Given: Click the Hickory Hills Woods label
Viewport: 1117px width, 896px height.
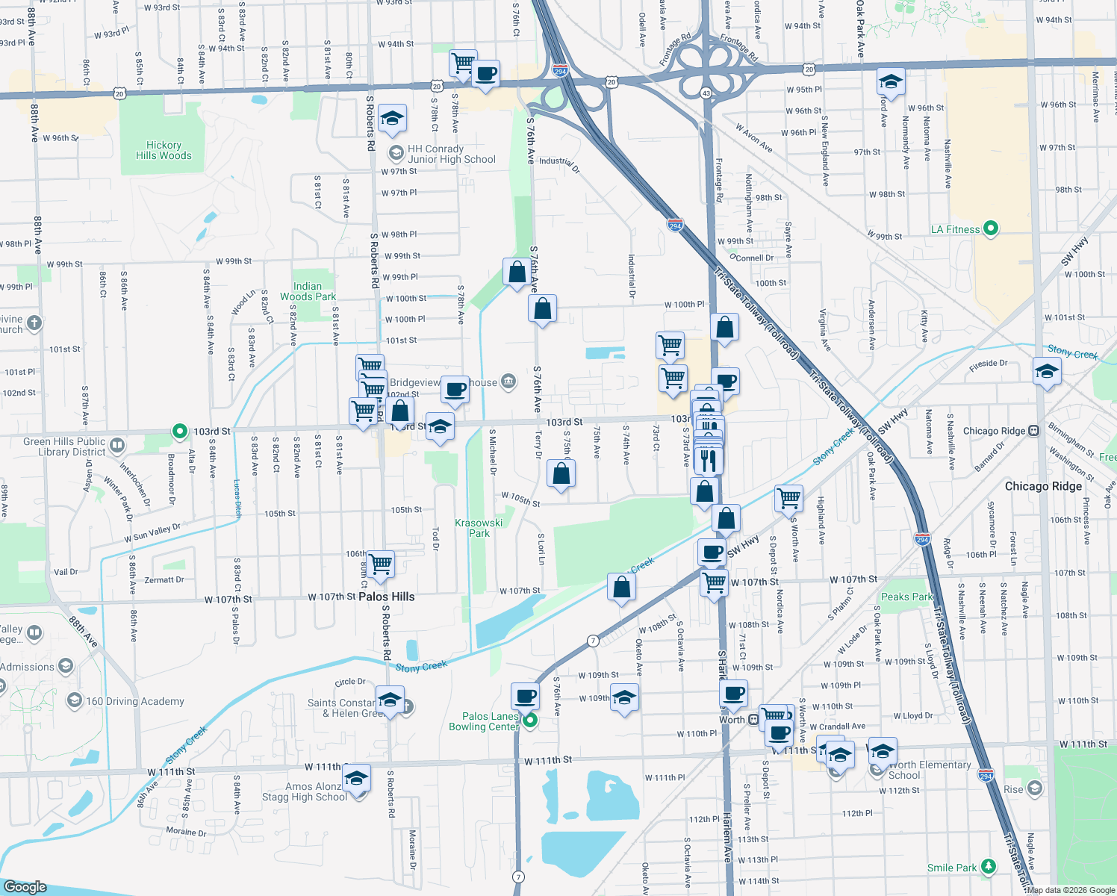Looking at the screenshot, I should pos(164,150).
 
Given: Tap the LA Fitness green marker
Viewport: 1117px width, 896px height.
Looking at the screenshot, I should pos(991,228).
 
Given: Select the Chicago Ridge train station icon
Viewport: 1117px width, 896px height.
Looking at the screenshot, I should pos(1033,431).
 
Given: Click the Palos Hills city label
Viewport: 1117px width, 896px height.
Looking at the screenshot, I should pos(386,597).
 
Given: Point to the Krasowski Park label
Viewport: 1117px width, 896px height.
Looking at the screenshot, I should pos(479,528).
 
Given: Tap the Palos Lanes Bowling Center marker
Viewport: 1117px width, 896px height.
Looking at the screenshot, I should pos(530,721).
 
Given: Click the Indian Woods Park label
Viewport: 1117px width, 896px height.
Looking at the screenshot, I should pos(308,291).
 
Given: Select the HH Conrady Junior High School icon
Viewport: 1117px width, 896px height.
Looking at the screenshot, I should pos(396,153).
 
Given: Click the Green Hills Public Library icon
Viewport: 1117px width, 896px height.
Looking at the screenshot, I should pos(117,446).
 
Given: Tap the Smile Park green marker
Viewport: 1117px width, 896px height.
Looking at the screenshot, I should pos(989,866).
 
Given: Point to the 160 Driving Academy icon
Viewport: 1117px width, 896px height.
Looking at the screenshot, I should pos(74,700).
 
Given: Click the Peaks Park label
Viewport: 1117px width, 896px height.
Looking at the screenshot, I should pos(906,597).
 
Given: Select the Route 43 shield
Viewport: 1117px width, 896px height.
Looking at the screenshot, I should pos(706,93).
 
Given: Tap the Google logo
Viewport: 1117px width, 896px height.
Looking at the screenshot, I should pos(25,886).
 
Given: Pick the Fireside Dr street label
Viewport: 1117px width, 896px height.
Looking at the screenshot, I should pos(988,364).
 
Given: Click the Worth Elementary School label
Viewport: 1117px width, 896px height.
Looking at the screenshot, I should pos(930,770).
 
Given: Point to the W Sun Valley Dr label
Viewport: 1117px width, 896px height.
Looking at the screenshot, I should pos(152,532).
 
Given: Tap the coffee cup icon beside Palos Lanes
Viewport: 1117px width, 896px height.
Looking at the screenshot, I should pos(526,696).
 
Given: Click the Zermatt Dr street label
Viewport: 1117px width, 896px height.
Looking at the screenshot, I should pos(164,579).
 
